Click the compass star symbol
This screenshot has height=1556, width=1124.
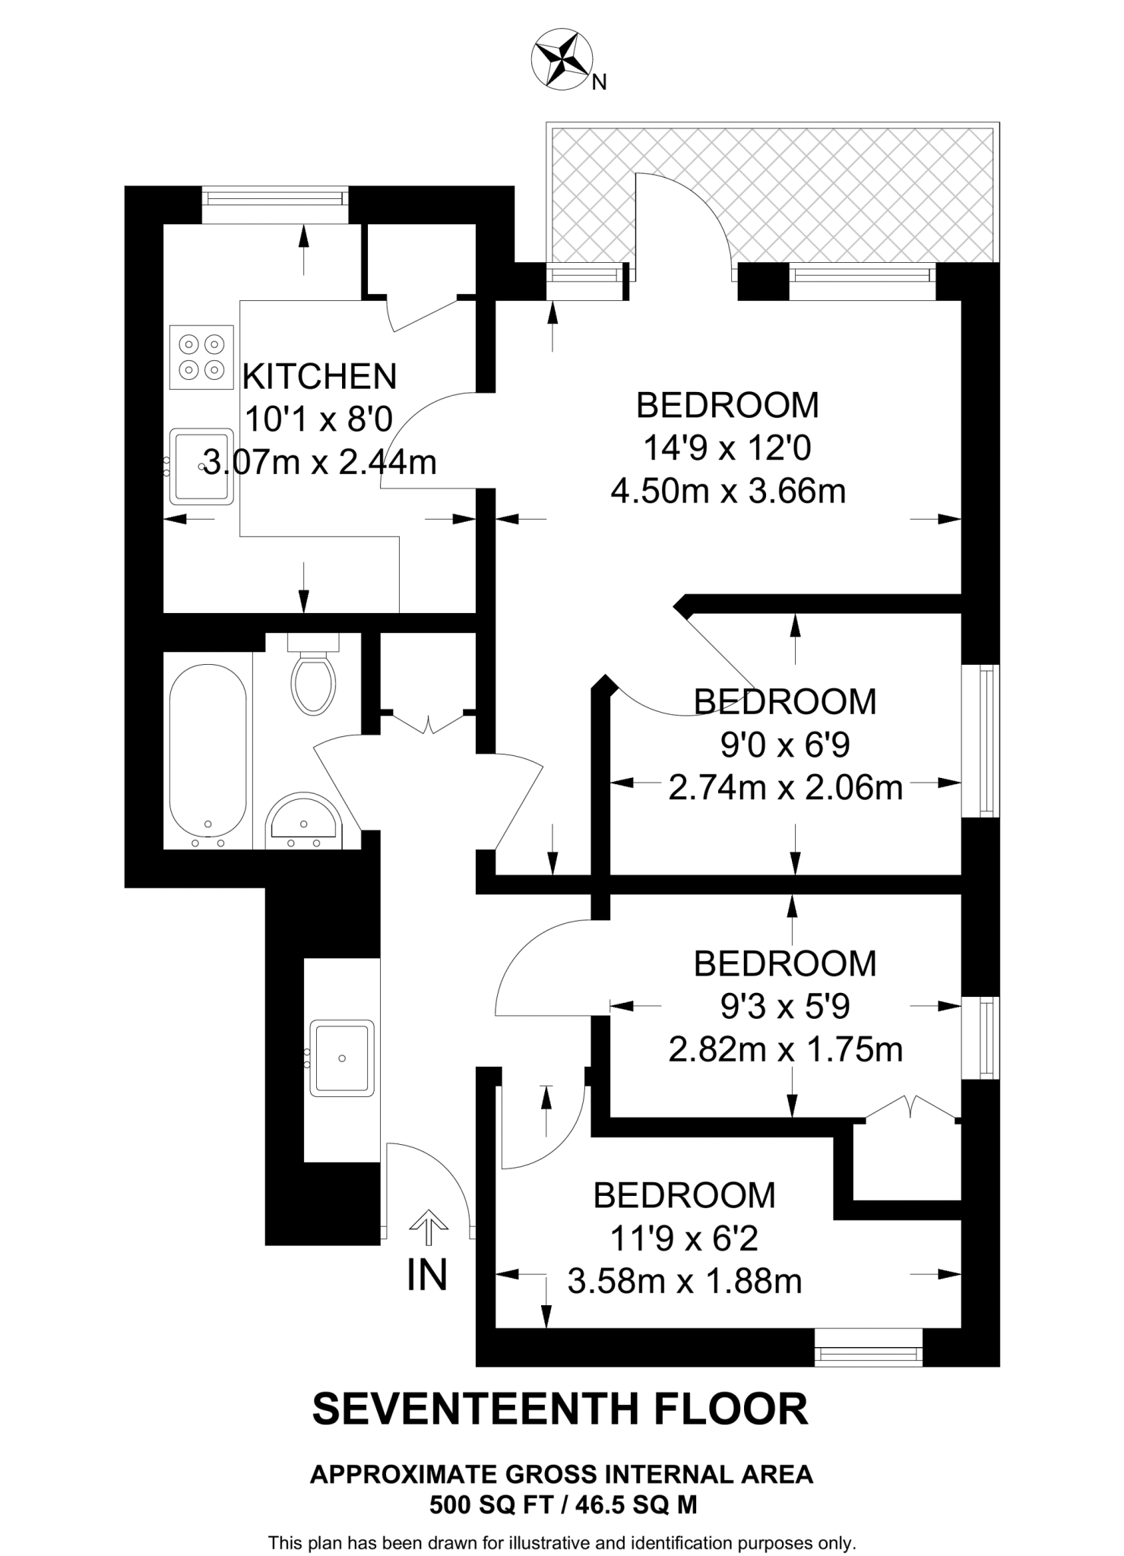[x=562, y=59]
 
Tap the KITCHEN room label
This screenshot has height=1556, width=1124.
[x=319, y=377]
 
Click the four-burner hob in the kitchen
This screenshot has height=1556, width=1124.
[x=201, y=357]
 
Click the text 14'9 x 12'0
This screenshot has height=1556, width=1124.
[x=727, y=448]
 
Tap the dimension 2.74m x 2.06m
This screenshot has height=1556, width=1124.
[x=785, y=788]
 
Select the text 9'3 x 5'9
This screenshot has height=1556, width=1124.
[x=785, y=1007]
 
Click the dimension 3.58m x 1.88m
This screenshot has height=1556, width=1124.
[x=685, y=1282]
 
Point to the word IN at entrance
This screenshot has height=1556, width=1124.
[x=427, y=1276]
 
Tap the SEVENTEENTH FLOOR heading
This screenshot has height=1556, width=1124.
[x=561, y=1409]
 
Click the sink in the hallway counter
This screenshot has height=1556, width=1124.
[x=342, y=1058]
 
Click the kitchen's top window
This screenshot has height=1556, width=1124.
[x=274, y=198]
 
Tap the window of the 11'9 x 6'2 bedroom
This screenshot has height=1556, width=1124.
[x=868, y=1354]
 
